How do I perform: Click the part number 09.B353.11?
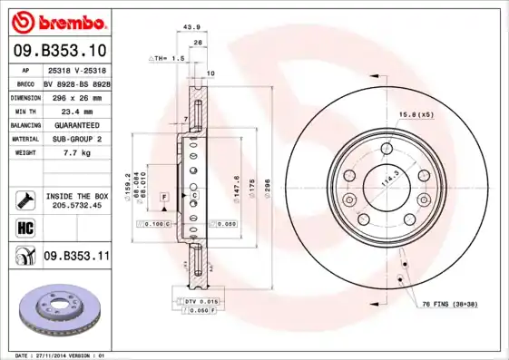tap(76, 257)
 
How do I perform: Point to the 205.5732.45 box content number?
tap(76, 206)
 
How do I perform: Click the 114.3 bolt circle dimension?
tap(388, 182)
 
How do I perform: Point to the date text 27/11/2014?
tap(63, 355)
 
